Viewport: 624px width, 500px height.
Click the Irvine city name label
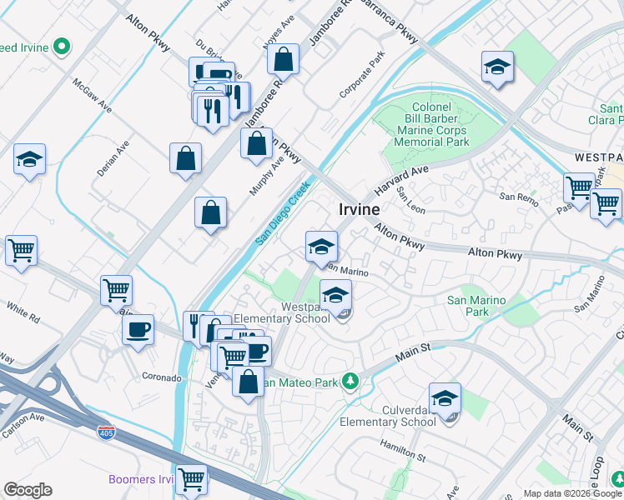coord(360,211)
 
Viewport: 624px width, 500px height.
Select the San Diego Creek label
coord(283,213)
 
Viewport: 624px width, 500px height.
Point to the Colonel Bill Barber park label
coord(430,124)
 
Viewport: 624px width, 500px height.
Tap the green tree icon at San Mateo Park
coord(351,382)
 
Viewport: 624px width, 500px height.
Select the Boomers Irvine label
coord(142,479)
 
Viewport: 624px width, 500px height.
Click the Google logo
coord(28,490)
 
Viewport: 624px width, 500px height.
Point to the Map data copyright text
coord(572,493)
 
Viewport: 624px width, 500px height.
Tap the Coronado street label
coord(161,377)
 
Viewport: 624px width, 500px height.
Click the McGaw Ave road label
coord(92,97)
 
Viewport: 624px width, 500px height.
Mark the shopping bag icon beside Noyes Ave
coord(284,59)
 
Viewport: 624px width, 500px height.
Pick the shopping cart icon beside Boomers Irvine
coord(192,480)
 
